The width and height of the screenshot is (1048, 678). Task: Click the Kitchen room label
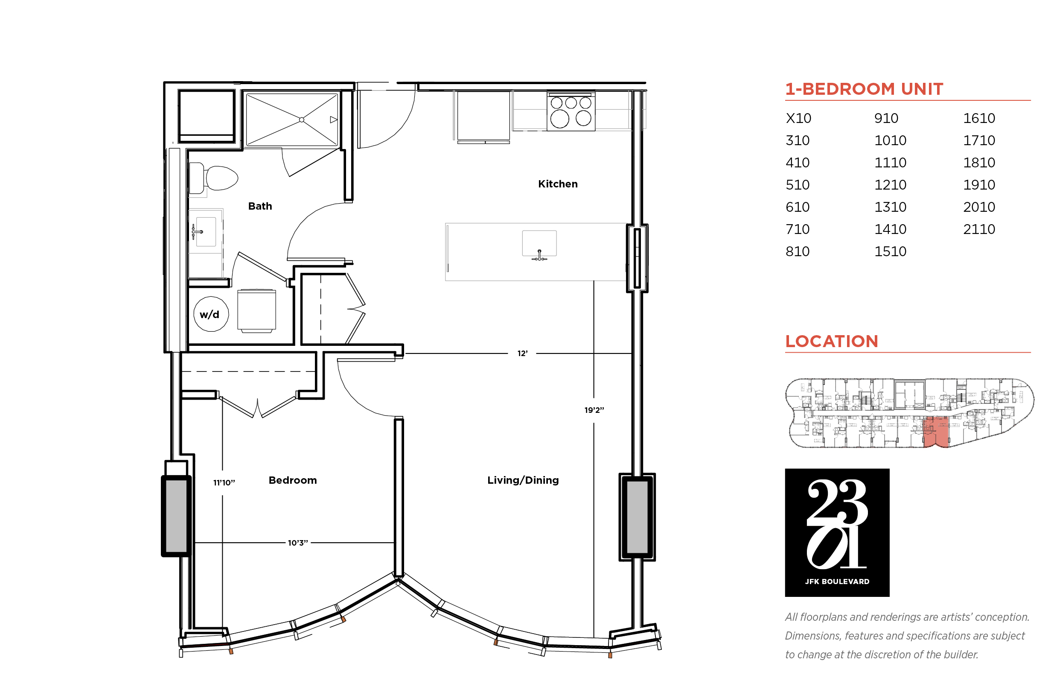[557, 184]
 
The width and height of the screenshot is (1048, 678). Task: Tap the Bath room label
[260, 206]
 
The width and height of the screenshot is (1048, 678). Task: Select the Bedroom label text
[293, 480]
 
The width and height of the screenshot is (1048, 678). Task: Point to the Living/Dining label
[523, 480]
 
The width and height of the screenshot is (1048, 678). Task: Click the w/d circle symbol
[211, 314]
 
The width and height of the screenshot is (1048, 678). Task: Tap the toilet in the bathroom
[214, 178]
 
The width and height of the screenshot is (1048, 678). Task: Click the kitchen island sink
[539, 244]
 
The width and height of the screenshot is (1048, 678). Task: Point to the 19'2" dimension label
[594, 410]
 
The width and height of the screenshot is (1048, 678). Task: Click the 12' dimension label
[522, 354]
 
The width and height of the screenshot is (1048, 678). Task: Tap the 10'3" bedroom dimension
[298, 543]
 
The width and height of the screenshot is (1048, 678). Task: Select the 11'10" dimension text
[224, 483]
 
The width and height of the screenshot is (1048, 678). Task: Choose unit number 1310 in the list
[890, 207]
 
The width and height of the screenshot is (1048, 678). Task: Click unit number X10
[798, 118]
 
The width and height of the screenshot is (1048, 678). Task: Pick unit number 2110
[979, 229]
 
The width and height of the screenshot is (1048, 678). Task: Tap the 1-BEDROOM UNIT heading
[864, 89]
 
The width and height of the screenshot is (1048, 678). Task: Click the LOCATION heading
[832, 341]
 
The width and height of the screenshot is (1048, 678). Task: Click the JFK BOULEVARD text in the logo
[837, 582]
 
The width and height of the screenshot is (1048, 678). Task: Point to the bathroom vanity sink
[206, 231]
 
